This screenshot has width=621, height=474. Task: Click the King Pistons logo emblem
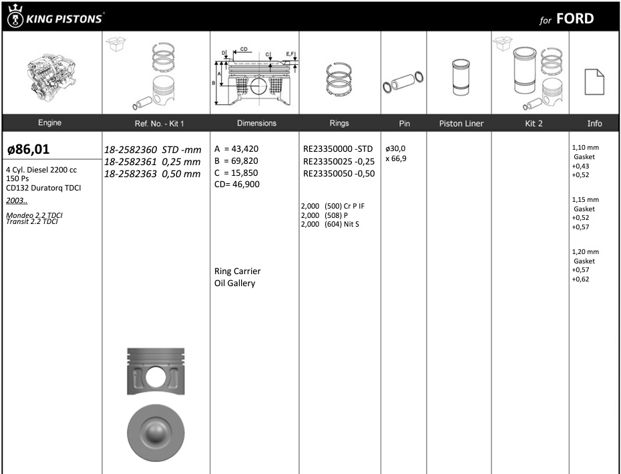(15, 16)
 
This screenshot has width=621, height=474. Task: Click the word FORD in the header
(575, 19)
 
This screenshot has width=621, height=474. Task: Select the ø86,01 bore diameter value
(29, 149)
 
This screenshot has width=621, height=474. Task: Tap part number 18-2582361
(131, 162)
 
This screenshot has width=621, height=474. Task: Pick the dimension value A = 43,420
(236, 148)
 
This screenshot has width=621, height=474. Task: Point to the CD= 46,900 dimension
(237, 184)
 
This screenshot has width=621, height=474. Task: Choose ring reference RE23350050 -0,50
(339, 173)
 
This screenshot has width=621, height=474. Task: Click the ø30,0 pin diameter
(395, 148)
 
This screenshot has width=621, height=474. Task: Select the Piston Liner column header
(461, 124)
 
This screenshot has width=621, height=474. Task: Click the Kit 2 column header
(534, 124)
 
